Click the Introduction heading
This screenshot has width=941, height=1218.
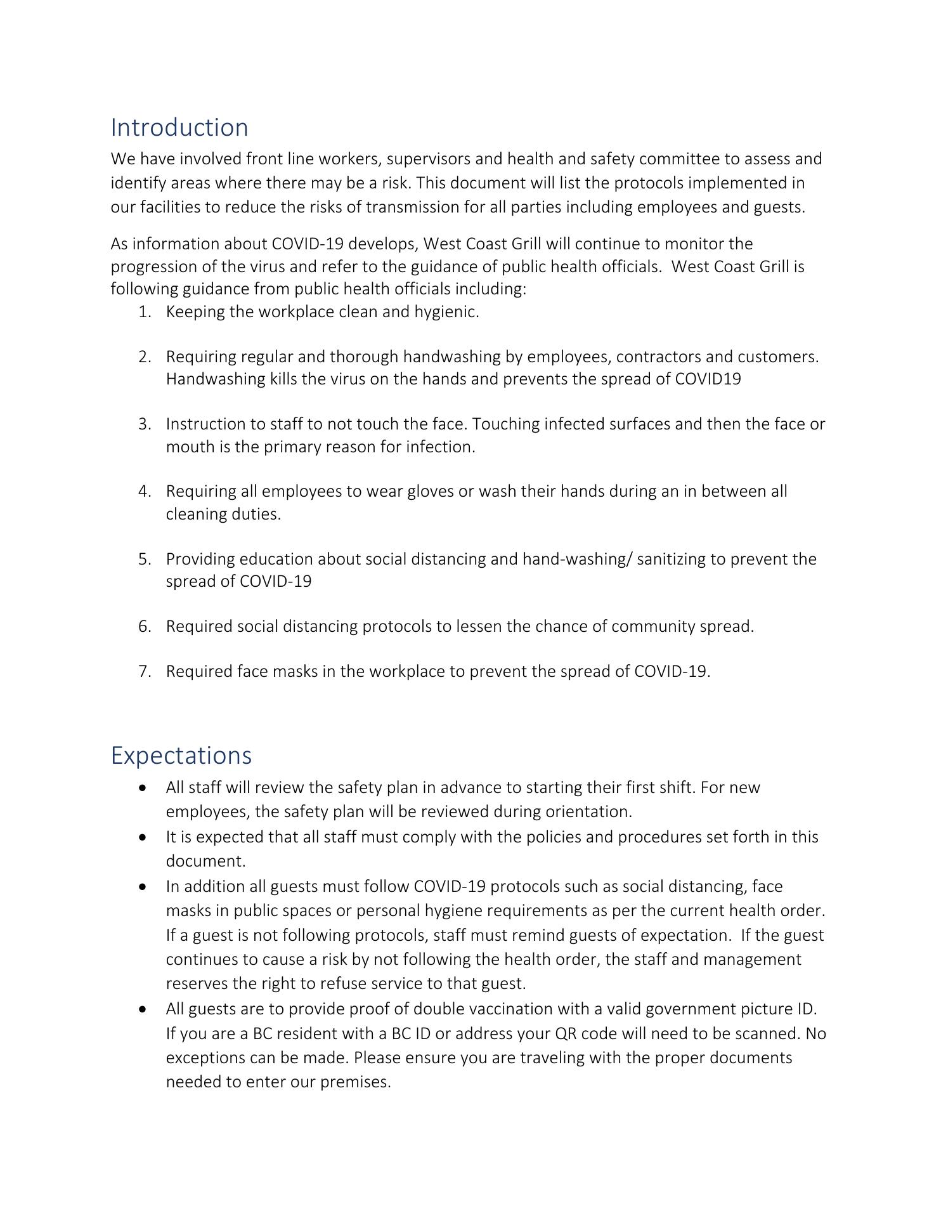[x=179, y=128]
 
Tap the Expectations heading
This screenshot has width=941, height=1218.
[x=181, y=756]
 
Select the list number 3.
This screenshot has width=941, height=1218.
[x=145, y=424]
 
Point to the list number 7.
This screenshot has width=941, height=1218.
[x=145, y=671]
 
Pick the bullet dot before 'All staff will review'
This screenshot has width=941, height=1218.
[x=145, y=788]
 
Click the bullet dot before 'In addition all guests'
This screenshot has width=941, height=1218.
[x=145, y=887]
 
